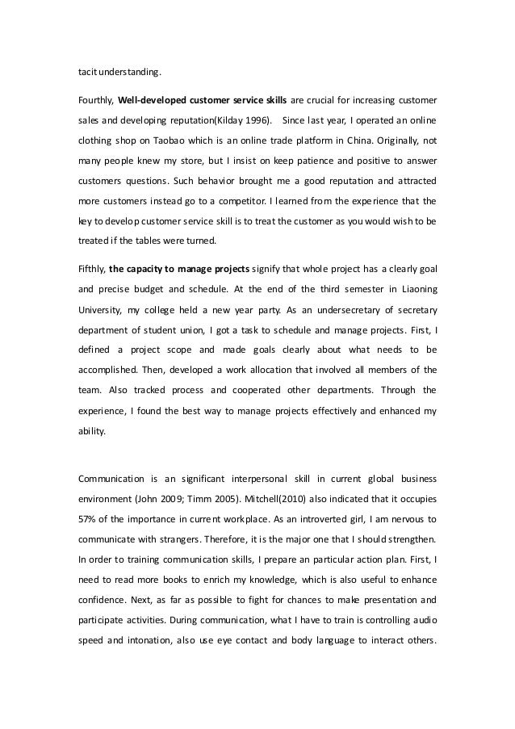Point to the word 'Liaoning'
click(x=417, y=286)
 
